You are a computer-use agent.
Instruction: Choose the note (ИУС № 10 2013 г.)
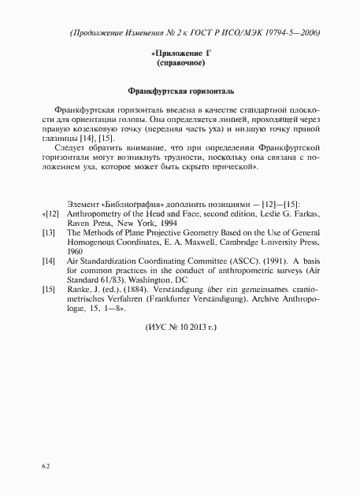[x=180, y=325]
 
